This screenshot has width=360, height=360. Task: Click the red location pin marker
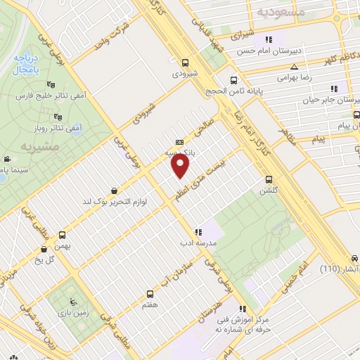point(181,166)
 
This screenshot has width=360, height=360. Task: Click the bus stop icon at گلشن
point(269,179)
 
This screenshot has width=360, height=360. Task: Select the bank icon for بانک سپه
point(180,141)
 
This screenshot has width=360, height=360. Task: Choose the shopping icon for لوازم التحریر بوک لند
point(115,191)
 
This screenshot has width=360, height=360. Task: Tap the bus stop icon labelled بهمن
point(63,236)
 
